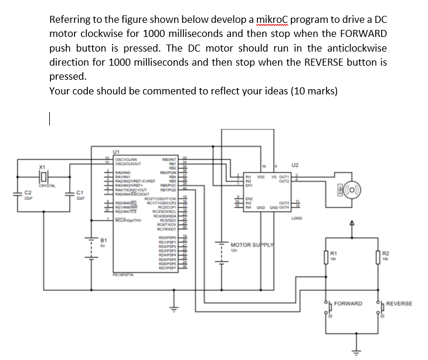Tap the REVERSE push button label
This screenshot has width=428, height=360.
(400, 304)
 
